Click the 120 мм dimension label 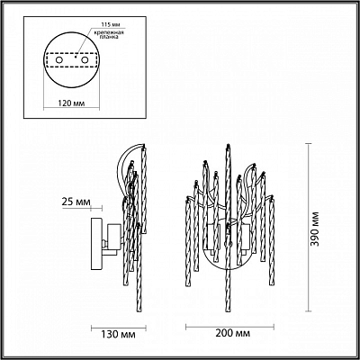71,103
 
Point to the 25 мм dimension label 76,202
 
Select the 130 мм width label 119,334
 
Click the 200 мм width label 233,333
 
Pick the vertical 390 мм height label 314,229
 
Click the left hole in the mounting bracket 59,60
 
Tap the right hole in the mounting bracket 85,60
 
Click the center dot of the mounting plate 76,56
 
